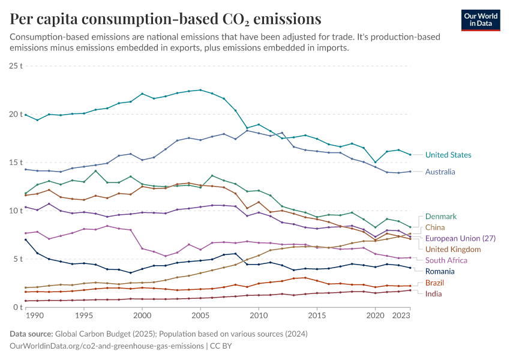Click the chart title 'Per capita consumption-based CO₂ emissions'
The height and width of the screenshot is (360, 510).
tap(165, 19)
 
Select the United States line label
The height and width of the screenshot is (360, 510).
tap(448, 155)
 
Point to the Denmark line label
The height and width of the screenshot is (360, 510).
tap(441, 217)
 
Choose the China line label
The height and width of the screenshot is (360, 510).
tap(435, 227)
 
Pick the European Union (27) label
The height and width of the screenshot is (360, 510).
tap(460, 238)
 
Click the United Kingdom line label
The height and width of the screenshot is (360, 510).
tap(453, 249)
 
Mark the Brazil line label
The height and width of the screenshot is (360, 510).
tap(435, 283)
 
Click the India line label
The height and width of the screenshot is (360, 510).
tap(433, 293)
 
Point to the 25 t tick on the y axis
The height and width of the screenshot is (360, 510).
tap(16, 66)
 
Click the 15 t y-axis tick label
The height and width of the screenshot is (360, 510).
tap(16, 163)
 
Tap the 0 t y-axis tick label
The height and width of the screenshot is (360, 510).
tap(18, 307)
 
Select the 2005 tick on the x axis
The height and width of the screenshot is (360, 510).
tap(200, 315)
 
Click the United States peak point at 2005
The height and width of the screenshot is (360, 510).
tap(200, 90)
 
